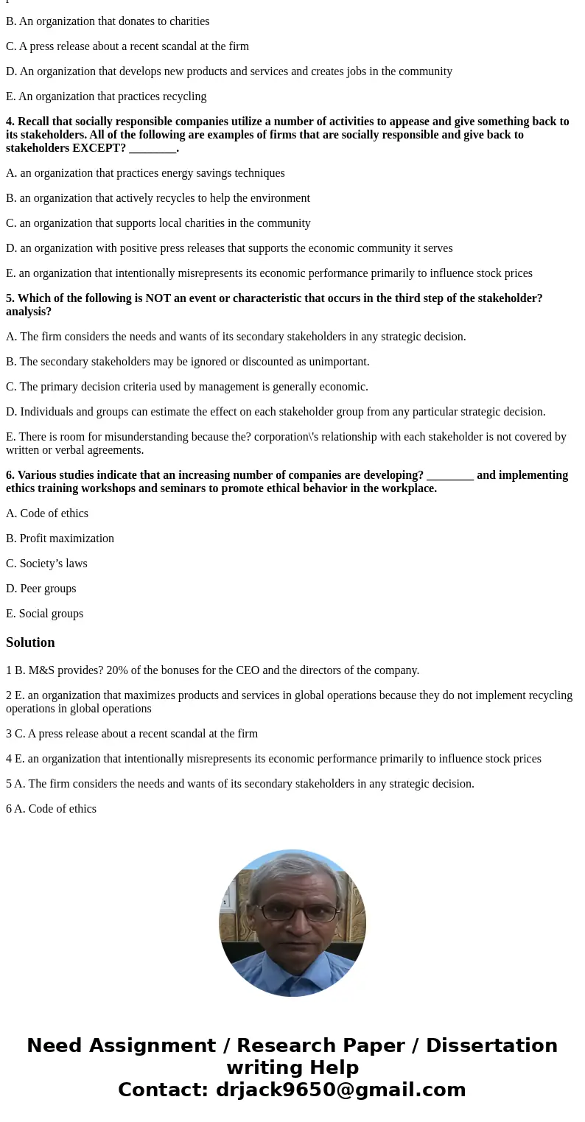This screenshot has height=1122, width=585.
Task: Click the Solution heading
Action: [x=30, y=642]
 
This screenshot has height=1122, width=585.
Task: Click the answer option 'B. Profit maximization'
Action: [x=60, y=539]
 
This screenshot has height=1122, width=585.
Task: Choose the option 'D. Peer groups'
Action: [x=41, y=589]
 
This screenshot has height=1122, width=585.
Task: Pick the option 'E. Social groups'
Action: [x=44, y=614]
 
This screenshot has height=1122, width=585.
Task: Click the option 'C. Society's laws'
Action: [x=46, y=564]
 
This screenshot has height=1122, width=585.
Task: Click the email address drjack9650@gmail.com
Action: [x=341, y=1090]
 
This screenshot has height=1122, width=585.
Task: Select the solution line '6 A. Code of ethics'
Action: [x=51, y=809]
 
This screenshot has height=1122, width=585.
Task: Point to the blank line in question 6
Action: [x=449, y=475]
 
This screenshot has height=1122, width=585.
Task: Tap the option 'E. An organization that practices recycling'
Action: [x=106, y=97]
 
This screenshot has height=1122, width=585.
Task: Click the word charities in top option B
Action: [x=188, y=21]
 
